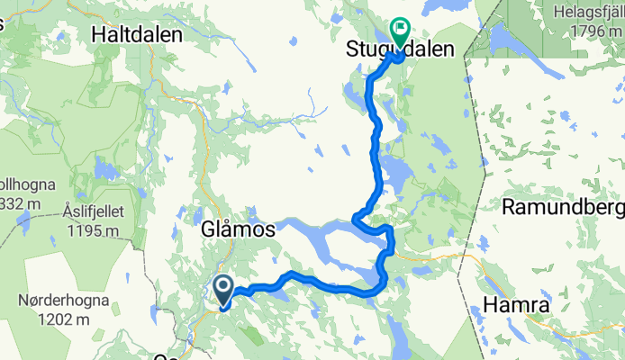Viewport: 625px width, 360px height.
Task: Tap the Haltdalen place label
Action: pyautogui.click(x=137, y=34)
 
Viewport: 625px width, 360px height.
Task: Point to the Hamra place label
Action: pyautogui.click(x=516, y=306)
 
